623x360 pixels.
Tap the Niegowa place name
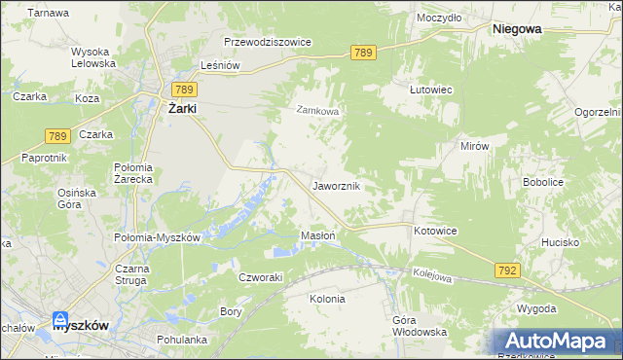[517, 30]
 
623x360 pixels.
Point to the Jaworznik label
[338, 185]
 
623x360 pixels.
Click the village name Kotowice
[434, 231]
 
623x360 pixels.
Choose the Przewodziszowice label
[267, 43]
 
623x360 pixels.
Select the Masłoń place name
[318, 236]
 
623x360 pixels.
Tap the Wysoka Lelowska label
[93, 57]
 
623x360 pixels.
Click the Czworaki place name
[261, 276]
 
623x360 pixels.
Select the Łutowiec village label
[431, 89]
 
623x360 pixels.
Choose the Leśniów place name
[219, 65]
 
